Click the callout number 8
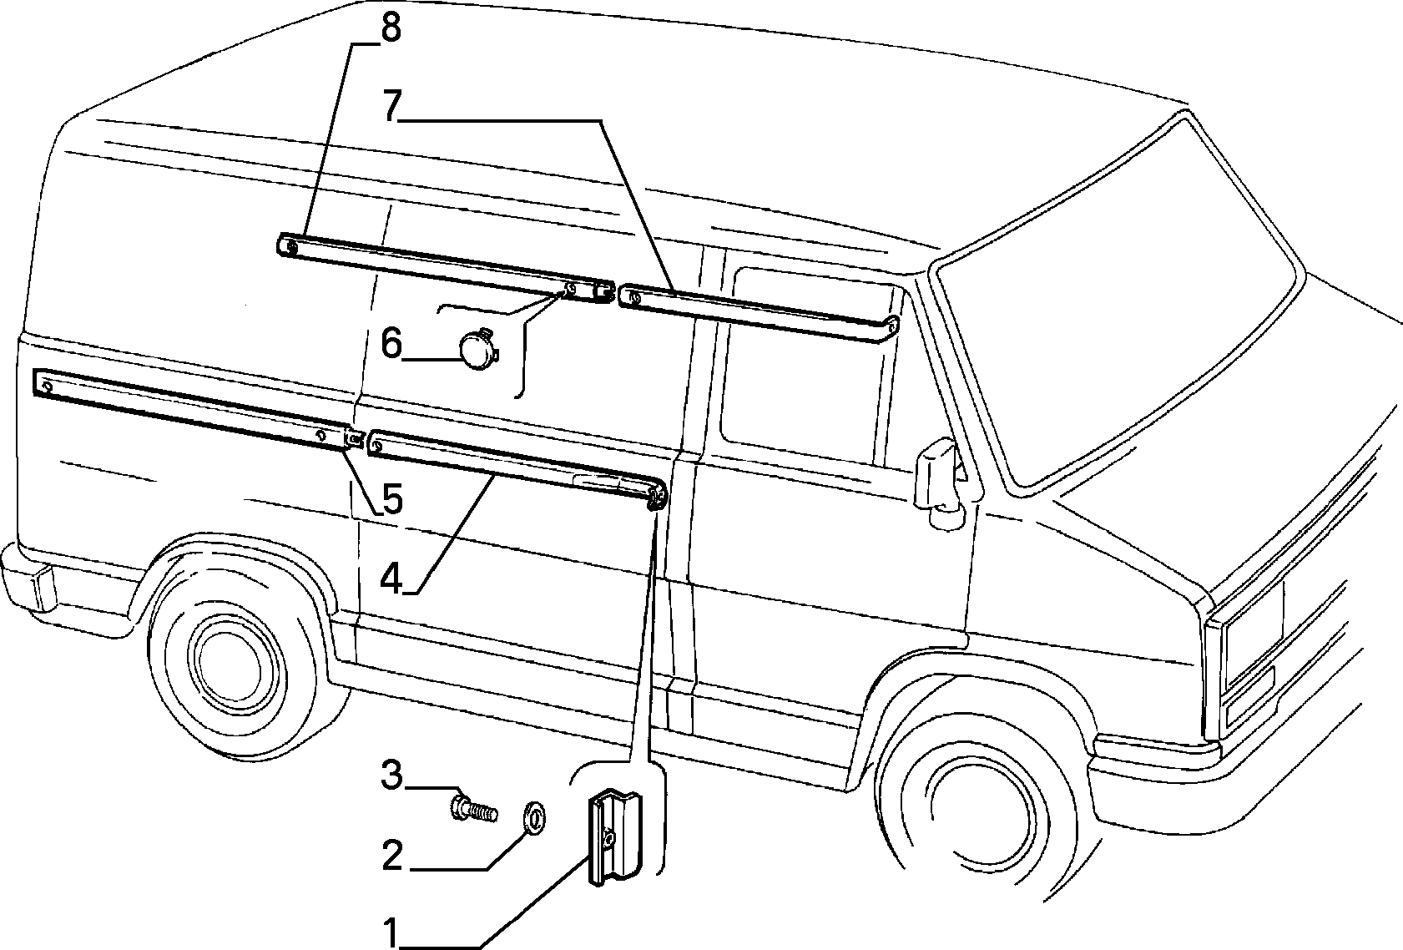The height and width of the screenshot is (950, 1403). (x=391, y=29)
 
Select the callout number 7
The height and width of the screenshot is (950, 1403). (x=392, y=106)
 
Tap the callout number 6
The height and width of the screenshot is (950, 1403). (x=391, y=344)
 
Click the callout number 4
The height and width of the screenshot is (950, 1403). (x=391, y=577)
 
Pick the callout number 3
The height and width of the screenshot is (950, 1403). (x=392, y=776)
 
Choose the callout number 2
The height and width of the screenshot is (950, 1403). (x=392, y=855)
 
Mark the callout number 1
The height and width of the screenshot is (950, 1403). (x=391, y=933)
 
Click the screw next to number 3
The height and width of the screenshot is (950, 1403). (x=474, y=809)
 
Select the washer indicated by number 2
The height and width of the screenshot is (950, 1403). (x=533, y=816)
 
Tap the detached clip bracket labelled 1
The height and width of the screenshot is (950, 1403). (x=615, y=838)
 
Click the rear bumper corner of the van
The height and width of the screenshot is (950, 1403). (x=28, y=579)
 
